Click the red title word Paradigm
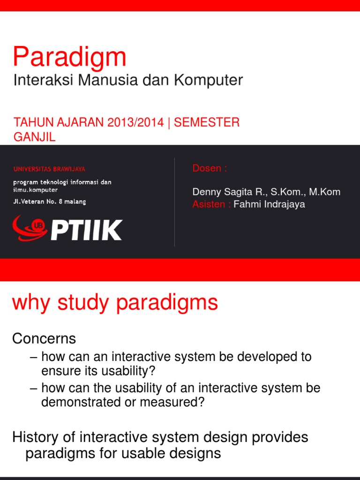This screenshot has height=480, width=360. [x=69, y=57]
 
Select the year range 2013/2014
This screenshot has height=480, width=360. [x=135, y=123]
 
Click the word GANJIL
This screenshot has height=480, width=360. [x=35, y=137]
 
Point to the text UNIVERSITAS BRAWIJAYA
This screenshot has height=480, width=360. [x=49, y=169]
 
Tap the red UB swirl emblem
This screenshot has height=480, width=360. [x=30, y=227]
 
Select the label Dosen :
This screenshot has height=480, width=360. [x=210, y=168]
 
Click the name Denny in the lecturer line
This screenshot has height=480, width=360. [x=206, y=192]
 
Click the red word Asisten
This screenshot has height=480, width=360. [x=209, y=204]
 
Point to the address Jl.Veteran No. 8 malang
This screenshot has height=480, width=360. [x=49, y=202]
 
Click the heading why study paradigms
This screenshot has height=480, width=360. [x=115, y=302]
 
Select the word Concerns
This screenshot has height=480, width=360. [x=44, y=338]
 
